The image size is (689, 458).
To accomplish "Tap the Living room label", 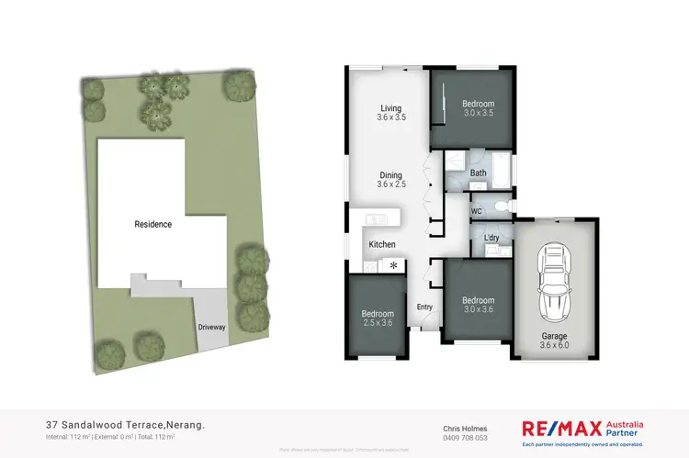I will click(390, 112).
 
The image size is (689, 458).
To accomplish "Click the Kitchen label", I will click(382, 245).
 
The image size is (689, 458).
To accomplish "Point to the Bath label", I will click(478, 173).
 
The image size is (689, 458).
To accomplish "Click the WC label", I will click(477, 211).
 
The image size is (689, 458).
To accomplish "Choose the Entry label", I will click(424, 307).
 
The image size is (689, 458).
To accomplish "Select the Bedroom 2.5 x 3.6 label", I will click(376, 318).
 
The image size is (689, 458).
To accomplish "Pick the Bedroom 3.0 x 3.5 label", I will click(478, 109).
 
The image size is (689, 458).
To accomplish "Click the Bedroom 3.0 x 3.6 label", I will click(478, 305).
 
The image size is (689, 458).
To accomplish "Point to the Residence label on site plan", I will click(153, 224).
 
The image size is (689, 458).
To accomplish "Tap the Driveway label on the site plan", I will click(211, 327).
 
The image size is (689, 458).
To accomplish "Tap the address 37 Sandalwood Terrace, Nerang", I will click(125, 425).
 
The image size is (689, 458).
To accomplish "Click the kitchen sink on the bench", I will click(377, 219).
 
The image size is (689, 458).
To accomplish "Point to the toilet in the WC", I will click(498, 207).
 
